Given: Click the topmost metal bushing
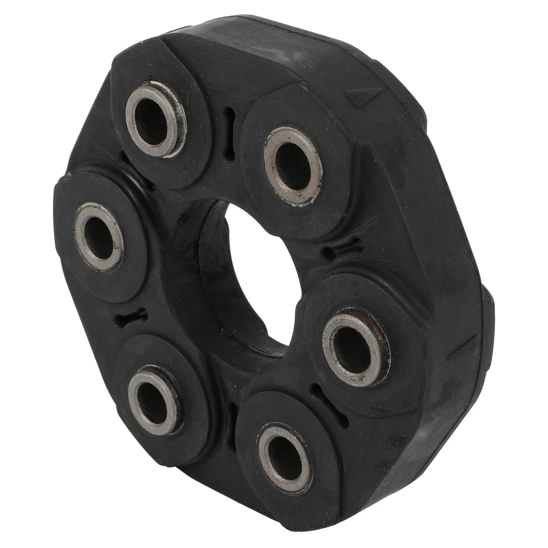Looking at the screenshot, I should pos(155,119).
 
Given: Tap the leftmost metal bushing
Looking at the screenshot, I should pos(99,236).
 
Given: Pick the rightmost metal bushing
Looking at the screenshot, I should pos(356,348).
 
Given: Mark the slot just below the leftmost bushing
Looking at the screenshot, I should pos(131,317).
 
